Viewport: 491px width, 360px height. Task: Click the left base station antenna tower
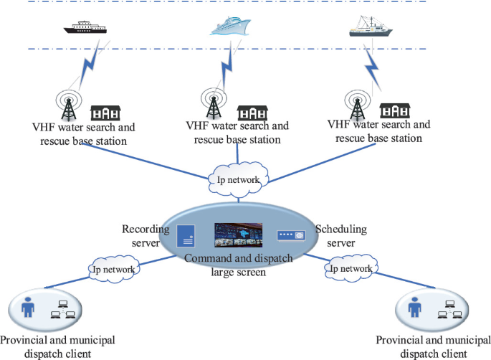point(70,105)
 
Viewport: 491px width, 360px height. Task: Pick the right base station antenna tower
point(355,105)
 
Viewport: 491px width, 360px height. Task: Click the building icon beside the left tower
point(105,113)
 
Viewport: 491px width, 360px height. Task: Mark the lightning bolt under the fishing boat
point(373,67)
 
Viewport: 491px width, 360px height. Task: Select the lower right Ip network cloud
point(351,267)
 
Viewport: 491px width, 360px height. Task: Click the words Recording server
point(146,237)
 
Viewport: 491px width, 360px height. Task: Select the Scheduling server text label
point(340,236)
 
